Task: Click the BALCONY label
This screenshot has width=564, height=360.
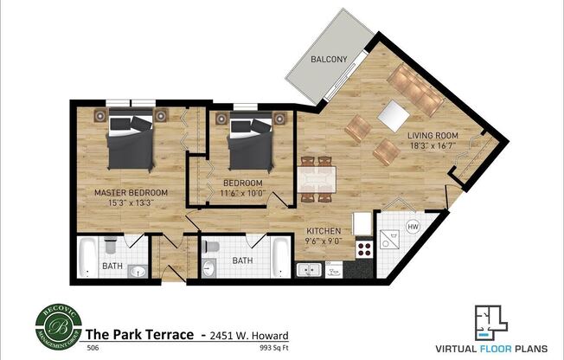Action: [x=330, y=60]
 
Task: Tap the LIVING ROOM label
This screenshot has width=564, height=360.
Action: [x=432, y=135]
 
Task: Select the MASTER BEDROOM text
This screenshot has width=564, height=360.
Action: [x=131, y=192]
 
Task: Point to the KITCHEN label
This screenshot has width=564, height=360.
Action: [x=323, y=232]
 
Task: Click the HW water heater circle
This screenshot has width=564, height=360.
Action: [x=413, y=227]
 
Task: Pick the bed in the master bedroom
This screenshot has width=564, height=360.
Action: [x=131, y=145]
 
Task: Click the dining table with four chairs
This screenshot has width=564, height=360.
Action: [x=316, y=179]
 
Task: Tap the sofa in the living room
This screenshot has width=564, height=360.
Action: [x=414, y=88]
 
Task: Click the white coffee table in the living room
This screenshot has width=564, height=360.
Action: [x=394, y=116]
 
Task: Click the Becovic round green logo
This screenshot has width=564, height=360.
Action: [x=58, y=324]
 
